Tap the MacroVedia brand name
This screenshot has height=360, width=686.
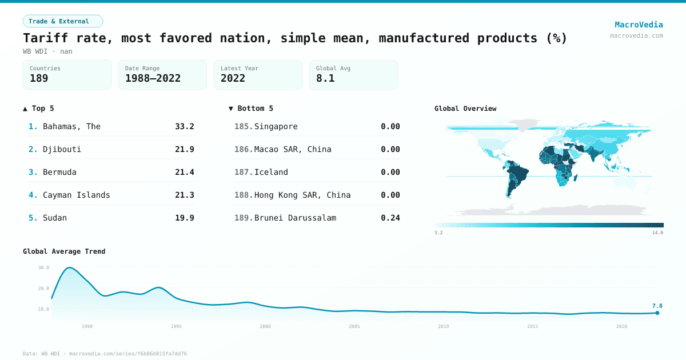pyautogui.click(x=639, y=25)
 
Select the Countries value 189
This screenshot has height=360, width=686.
pyautogui.click(x=39, y=78)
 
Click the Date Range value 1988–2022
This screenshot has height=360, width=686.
pyautogui.click(x=153, y=78)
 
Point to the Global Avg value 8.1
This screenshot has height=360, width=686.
pyautogui.click(x=325, y=78)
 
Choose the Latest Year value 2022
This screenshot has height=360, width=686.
pyautogui.click(x=233, y=78)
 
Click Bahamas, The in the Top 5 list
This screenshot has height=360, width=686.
pyautogui.click(x=71, y=126)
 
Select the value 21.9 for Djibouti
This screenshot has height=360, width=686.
pyautogui.click(x=184, y=149)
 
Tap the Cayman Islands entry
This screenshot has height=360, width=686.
pyautogui.click(x=76, y=195)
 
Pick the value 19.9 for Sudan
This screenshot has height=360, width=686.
pyautogui.click(x=184, y=218)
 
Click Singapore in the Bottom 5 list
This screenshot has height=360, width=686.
pyautogui.click(x=276, y=126)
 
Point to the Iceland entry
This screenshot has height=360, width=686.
pyautogui.click(x=271, y=172)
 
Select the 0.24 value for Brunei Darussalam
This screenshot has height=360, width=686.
pyautogui.click(x=390, y=218)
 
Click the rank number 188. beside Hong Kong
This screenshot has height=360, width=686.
pyautogui.click(x=244, y=195)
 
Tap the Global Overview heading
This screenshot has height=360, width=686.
pyautogui.click(x=465, y=109)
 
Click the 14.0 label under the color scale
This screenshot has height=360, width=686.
pyautogui.click(x=657, y=233)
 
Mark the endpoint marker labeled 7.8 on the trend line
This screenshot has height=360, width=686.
pyautogui.click(x=657, y=313)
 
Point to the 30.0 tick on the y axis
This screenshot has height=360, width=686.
pyautogui.click(x=43, y=267)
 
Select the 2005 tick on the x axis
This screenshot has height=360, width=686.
pyautogui.click(x=354, y=326)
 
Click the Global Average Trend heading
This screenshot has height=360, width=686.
pyautogui.click(x=64, y=251)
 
